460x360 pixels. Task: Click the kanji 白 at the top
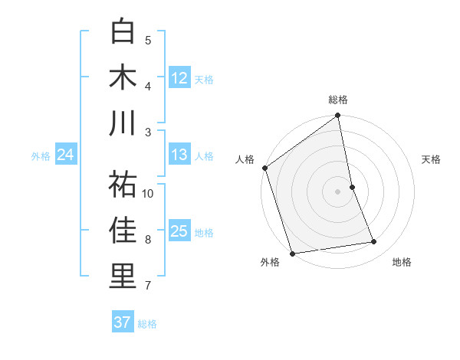point(123,32)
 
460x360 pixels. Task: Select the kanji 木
point(123,77)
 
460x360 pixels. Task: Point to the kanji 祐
point(123,185)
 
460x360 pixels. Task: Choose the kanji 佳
point(123,231)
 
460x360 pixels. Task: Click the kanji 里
point(123,277)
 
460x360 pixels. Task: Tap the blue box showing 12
point(179,77)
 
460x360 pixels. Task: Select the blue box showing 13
point(179,155)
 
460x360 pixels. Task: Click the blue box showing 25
point(179,231)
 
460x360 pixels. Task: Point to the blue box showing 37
point(123,322)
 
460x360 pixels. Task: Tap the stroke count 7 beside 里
point(148,286)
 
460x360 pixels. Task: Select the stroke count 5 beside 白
point(148,41)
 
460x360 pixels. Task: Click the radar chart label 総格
point(338,100)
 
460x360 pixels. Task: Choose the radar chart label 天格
point(431,159)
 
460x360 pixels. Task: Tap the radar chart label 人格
point(245,159)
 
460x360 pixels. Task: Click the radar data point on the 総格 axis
point(338,116)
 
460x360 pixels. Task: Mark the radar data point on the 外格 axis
point(292,253)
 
